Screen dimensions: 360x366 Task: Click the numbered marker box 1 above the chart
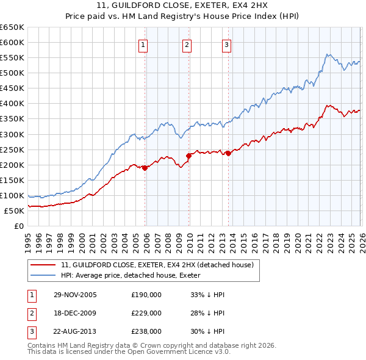pyautogui.click(x=143, y=44)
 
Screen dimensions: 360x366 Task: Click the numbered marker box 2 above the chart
pyautogui.click(x=186, y=44)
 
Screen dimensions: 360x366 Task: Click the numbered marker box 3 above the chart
pyautogui.click(x=226, y=44)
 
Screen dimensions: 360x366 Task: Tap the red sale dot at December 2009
pyautogui.click(x=188, y=156)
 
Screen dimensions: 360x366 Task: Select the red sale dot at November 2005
pyautogui.click(x=145, y=168)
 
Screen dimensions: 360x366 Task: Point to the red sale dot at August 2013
pyautogui.click(x=228, y=153)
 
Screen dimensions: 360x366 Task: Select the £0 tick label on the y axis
pyautogui.click(x=20, y=226)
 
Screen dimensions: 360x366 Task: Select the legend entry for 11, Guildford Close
pyautogui.click(x=144, y=265)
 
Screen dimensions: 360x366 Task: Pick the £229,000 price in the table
pyautogui.click(x=146, y=313)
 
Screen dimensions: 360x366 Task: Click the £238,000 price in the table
pyautogui.click(x=146, y=332)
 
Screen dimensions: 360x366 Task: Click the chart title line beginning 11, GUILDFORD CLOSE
pyautogui.click(x=182, y=5)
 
